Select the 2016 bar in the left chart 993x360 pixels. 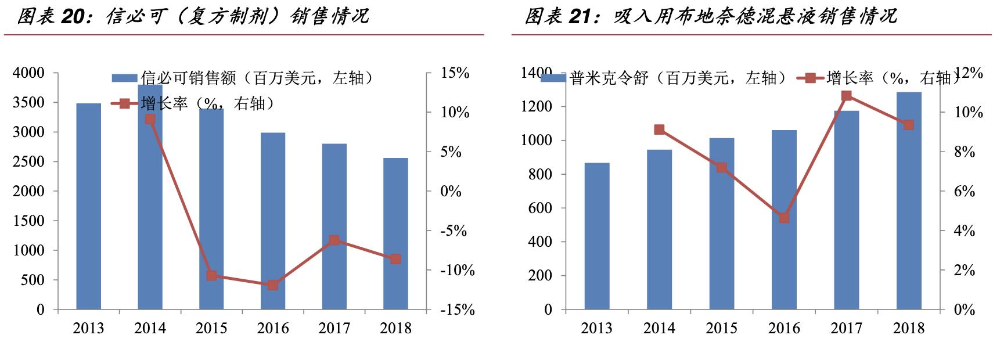(x=273, y=221)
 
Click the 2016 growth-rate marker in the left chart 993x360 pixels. (x=273, y=285)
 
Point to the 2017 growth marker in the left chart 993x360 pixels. (x=334, y=240)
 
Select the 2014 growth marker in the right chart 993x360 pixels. (x=659, y=129)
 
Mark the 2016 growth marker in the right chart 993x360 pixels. (x=784, y=218)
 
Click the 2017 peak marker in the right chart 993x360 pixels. (x=847, y=96)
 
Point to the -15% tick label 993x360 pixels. (x=457, y=309)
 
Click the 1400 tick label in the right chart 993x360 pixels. (x=536, y=73)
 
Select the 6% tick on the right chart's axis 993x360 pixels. (x=965, y=192)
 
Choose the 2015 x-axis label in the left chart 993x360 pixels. (x=211, y=329)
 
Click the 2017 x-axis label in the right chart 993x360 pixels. (x=846, y=329)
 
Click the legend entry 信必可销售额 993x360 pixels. (x=241, y=78)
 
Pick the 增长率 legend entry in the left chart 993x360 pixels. (x=197, y=104)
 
